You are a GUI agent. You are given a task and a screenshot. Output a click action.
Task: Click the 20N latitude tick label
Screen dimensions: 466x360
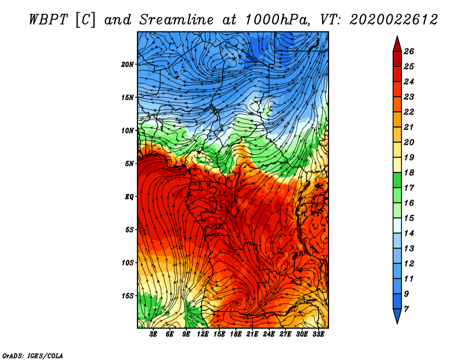coord(127,65)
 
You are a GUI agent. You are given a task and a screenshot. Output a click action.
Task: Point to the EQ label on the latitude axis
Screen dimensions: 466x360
coord(129,197)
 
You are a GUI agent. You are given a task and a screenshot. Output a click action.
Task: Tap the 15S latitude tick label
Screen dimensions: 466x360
coord(128,296)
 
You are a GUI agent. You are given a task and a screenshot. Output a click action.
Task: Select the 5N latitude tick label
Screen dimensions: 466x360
coord(129,164)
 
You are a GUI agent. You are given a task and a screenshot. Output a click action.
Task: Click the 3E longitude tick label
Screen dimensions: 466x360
coord(153,334)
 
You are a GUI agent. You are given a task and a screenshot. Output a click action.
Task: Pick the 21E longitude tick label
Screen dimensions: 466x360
coord(252,334)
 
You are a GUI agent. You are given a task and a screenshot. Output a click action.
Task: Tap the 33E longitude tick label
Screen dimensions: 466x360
coord(318,334)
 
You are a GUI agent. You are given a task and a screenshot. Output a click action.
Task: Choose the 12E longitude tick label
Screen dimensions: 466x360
coord(203,334)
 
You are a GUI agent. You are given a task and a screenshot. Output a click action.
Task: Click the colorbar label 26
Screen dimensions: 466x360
coord(409,51)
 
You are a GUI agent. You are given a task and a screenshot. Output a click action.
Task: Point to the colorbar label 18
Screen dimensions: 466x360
coord(409,172)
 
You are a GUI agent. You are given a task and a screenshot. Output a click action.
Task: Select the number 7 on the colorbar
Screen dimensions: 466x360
coord(406,309)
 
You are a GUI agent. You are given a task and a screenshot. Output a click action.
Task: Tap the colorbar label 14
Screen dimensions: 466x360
coord(409,234)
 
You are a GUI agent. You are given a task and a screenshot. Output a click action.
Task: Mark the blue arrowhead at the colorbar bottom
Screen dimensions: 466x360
coord(397,316)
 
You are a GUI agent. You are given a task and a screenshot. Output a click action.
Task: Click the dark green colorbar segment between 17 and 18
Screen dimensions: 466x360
coord(397,180)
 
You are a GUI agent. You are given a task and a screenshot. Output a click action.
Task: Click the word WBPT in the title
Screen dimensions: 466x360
coord(49,20)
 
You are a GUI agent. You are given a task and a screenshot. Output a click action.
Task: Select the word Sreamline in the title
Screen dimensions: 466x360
coord(176,20)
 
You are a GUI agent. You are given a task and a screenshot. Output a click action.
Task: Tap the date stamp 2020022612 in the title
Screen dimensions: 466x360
coord(394,20)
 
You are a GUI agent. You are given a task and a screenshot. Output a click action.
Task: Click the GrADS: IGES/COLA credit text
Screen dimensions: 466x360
coord(33,356)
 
